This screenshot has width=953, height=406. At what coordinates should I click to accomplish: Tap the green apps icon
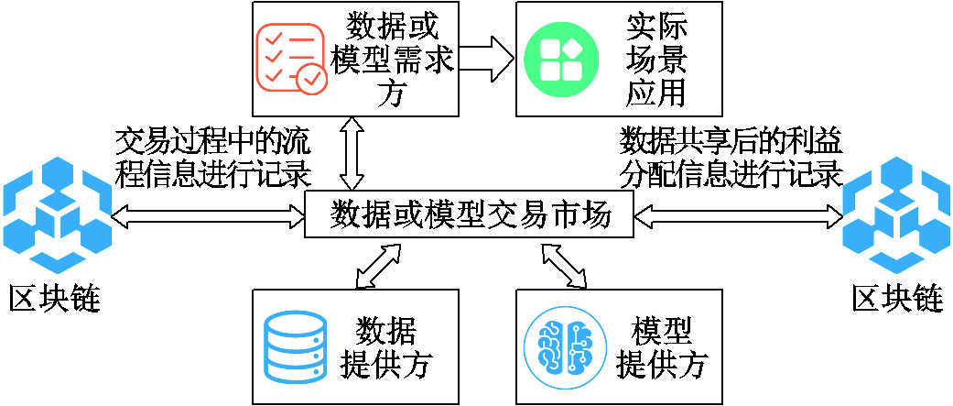[x=561, y=59]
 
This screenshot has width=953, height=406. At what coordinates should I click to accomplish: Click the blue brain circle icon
[x=565, y=347]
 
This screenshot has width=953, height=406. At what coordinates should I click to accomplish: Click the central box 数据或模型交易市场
[x=468, y=215]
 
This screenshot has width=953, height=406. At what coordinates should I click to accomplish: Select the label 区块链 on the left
[x=54, y=299]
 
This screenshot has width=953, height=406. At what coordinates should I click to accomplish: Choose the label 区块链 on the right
[x=897, y=299]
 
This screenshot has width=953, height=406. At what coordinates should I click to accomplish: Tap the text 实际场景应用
[x=655, y=59]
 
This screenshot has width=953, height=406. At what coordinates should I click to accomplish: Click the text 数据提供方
[x=385, y=347]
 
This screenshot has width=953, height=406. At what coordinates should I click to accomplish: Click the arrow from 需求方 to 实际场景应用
[x=487, y=59]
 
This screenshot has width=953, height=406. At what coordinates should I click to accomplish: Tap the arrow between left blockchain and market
[x=208, y=215]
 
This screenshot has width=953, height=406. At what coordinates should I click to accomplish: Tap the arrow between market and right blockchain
[x=737, y=215]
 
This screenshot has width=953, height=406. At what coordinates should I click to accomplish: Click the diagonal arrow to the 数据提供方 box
[x=378, y=266]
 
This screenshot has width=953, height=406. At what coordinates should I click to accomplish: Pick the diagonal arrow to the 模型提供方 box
[x=563, y=266]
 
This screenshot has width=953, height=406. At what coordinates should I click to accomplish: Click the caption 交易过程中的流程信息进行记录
[x=212, y=157]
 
